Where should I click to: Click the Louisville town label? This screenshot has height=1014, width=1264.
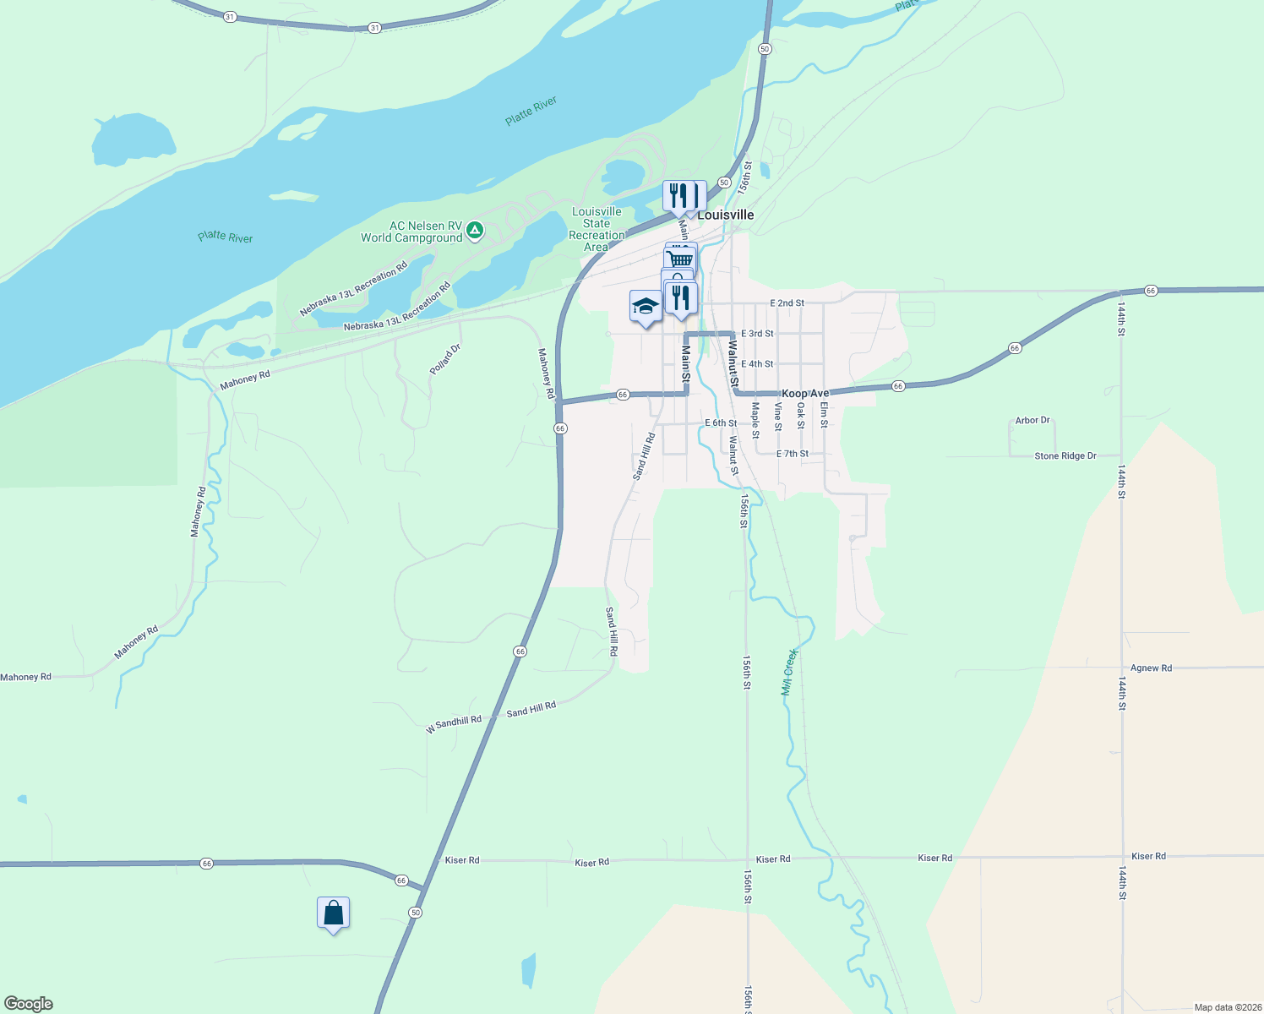pyautogui.click(x=725, y=215)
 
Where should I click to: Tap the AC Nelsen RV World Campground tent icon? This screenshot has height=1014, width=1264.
pyautogui.click(x=475, y=230)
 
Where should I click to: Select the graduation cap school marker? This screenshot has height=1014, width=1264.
pyautogui.click(x=646, y=307)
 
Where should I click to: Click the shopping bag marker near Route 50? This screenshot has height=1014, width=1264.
pyautogui.click(x=333, y=913)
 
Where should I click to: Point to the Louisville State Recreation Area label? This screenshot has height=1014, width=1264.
pyautogui.click(x=597, y=229)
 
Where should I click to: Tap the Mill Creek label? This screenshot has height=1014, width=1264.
pyautogui.click(x=789, y=672)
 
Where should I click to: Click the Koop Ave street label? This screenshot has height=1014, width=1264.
pyautogui.click(x=805, y=394)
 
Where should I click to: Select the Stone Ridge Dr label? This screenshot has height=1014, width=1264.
pyautogui.click(x=1065, y=456)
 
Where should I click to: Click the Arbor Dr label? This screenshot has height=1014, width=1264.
pyautogui.click(x=1032, y=420)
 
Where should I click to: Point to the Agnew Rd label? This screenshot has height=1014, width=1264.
pyautogui.click(x=1151, y=668)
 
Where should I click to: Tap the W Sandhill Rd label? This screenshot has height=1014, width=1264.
pyautogui.click(x=454, y=723)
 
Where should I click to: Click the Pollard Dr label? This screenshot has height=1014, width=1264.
pyautogui.click(x=445, y=359)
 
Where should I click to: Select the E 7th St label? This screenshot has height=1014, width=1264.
pyautogui.click(x=793, y=454)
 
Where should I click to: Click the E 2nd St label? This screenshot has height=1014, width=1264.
pyautogui.click(x=787, y=303)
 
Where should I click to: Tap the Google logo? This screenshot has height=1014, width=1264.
pyautogui.click(x=29, y=1004)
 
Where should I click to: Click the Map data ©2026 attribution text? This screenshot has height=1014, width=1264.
pyautogui.click(x=1228, y=1007)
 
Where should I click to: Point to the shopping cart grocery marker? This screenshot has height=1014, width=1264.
pyautogui.click(x=681, y=257)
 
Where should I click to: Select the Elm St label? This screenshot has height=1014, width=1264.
pyautogui.click(x=824, y=414)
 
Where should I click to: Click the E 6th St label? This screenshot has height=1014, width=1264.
pyautogui.click(x=721, y=423)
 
